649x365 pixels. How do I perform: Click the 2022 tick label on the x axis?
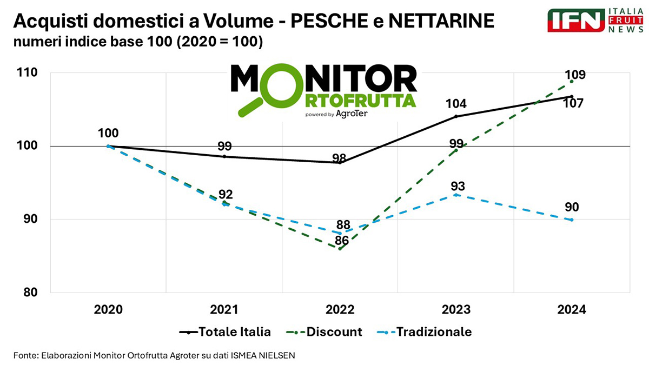[340, 310]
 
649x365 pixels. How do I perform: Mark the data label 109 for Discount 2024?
[574, 75]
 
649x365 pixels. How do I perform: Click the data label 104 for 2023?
[456, 104]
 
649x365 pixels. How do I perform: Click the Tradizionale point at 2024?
[572, 220]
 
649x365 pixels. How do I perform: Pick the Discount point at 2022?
[340, 249]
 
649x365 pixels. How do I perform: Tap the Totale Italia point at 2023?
[456, 116]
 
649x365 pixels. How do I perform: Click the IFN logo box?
[575, 21]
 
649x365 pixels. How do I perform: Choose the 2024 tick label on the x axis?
[572, 310]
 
